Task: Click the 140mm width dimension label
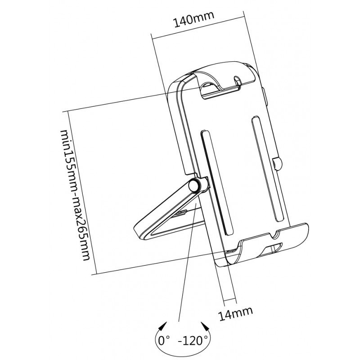tap(194, 19)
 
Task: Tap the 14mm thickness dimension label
tap(235, 313)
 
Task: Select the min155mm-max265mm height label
tap(75, 195)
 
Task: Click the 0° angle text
tap(164, 341)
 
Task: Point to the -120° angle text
tap(193, 341)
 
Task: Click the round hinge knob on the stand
tap(194, 185)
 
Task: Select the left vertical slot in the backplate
tap(217, 183)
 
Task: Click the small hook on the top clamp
tap(238, 81)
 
